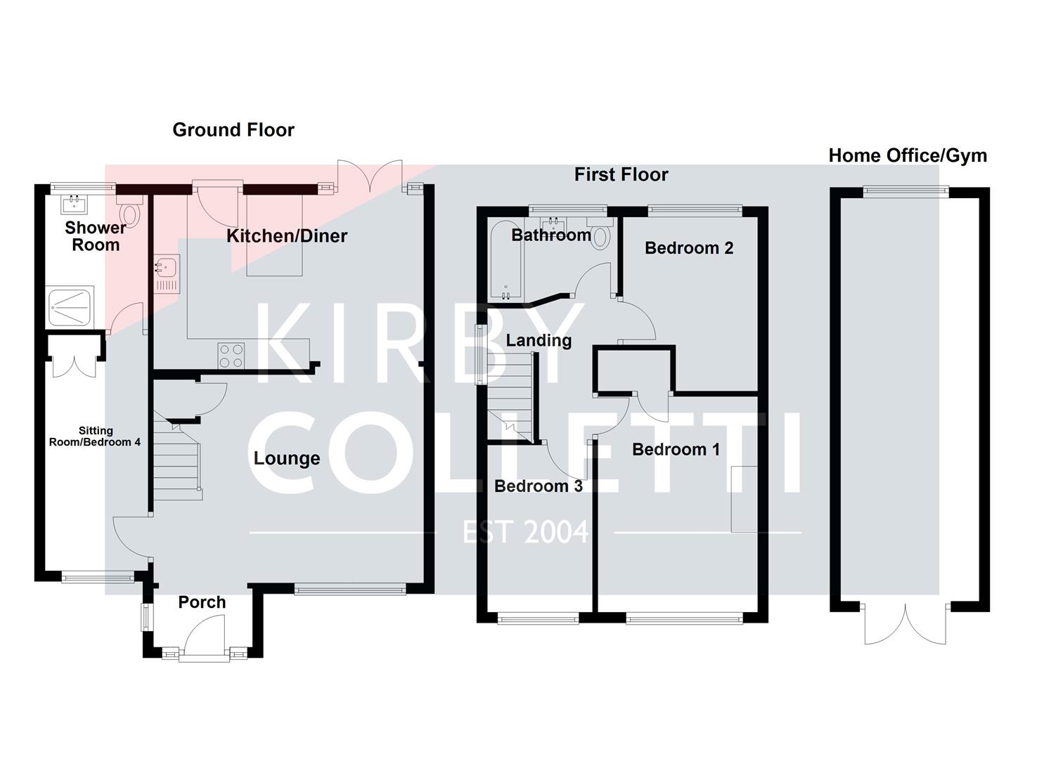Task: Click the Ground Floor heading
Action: coord(233,130)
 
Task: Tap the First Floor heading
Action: coord(621,175)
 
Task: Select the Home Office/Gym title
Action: coord(907,156)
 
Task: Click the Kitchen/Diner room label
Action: coord(287,236)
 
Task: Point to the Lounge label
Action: coord(287,459)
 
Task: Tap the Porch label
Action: coord(202,602)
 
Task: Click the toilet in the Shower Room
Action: coord(130,211)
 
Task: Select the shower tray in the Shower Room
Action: coord(71,306)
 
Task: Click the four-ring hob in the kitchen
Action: coord(231,355)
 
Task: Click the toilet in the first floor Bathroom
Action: coord(600,235)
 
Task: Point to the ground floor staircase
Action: coord(177,464)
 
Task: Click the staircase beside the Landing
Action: coord(510,397)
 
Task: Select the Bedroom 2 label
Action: coord(688,248)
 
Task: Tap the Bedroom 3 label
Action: coord(538,486)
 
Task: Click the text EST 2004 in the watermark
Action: coord(525,533)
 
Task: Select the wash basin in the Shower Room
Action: coord(74,205)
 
